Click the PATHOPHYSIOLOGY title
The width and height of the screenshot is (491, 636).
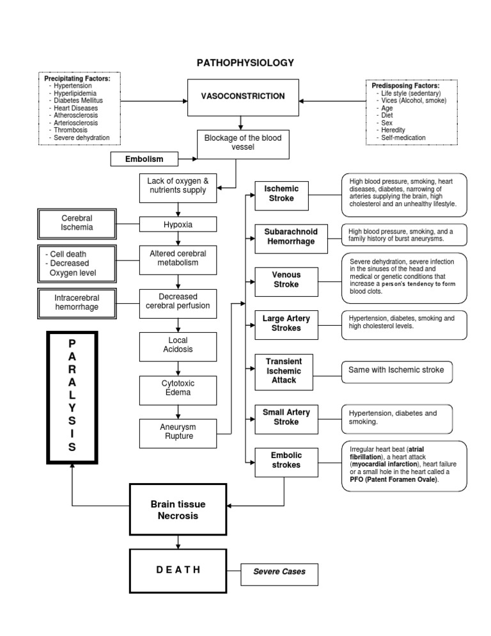point(245,63)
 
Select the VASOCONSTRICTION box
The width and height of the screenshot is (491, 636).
point(242,97)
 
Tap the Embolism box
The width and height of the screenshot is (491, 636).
point(144,159)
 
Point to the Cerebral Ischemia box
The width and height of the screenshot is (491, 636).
point(77,223)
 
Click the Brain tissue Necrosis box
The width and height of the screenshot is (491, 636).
point(178,510)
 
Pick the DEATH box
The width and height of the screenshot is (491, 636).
point(178,569)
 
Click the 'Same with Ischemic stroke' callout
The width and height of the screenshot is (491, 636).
point(396,370)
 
